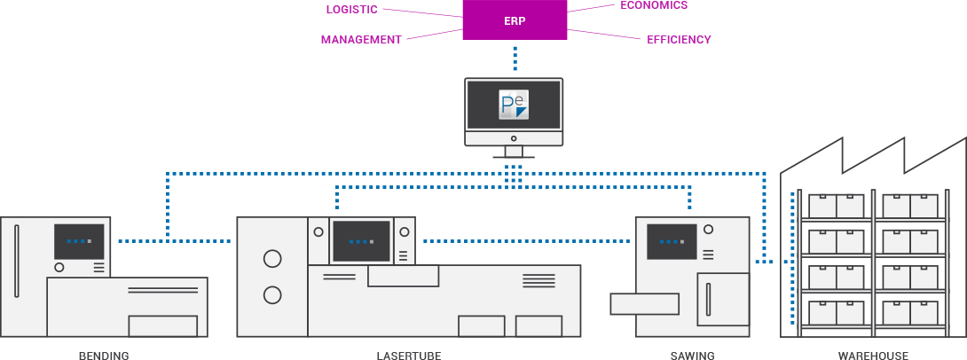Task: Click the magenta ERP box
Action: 515,20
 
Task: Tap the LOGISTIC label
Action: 351,10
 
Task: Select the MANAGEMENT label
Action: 360,40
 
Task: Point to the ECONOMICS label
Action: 654,5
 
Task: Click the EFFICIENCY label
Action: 679,40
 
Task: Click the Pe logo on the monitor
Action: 514,105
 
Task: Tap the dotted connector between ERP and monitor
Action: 514,59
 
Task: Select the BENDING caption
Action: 104,355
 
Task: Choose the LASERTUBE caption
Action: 408,355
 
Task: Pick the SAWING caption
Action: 692,355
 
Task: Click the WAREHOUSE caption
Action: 873,355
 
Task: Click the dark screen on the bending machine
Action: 79,241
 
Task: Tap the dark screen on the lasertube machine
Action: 361,241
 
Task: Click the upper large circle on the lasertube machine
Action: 272,260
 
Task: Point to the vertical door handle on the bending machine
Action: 15,261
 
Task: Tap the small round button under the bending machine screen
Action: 59,267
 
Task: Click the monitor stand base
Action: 514,157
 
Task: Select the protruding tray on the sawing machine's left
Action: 644,303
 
